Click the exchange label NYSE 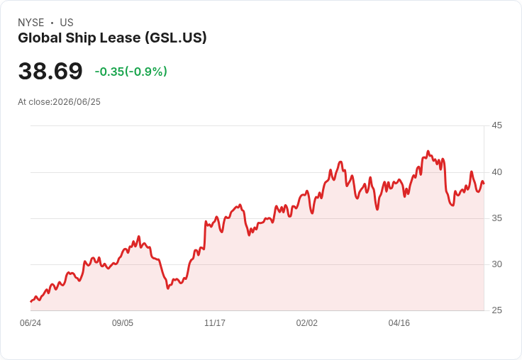point(31,23)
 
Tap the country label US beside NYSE point(67,23)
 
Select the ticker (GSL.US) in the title point(176,38)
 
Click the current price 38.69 point(50,71)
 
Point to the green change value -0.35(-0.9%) point(130,72)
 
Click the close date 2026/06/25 point(77,102)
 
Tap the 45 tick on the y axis point(496,125)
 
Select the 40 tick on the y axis point(496,172)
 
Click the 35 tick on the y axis point(496,218)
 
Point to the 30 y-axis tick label point(496,264)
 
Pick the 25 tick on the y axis point(496,310)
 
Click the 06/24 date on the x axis point(30,322)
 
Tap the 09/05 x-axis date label point(123,322)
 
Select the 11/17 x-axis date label point(215,322)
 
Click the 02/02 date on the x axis point(307,322)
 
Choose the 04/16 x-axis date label point(399,322)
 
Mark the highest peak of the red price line point(428,151)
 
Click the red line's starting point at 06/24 point(30,301)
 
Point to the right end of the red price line point(484,184)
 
